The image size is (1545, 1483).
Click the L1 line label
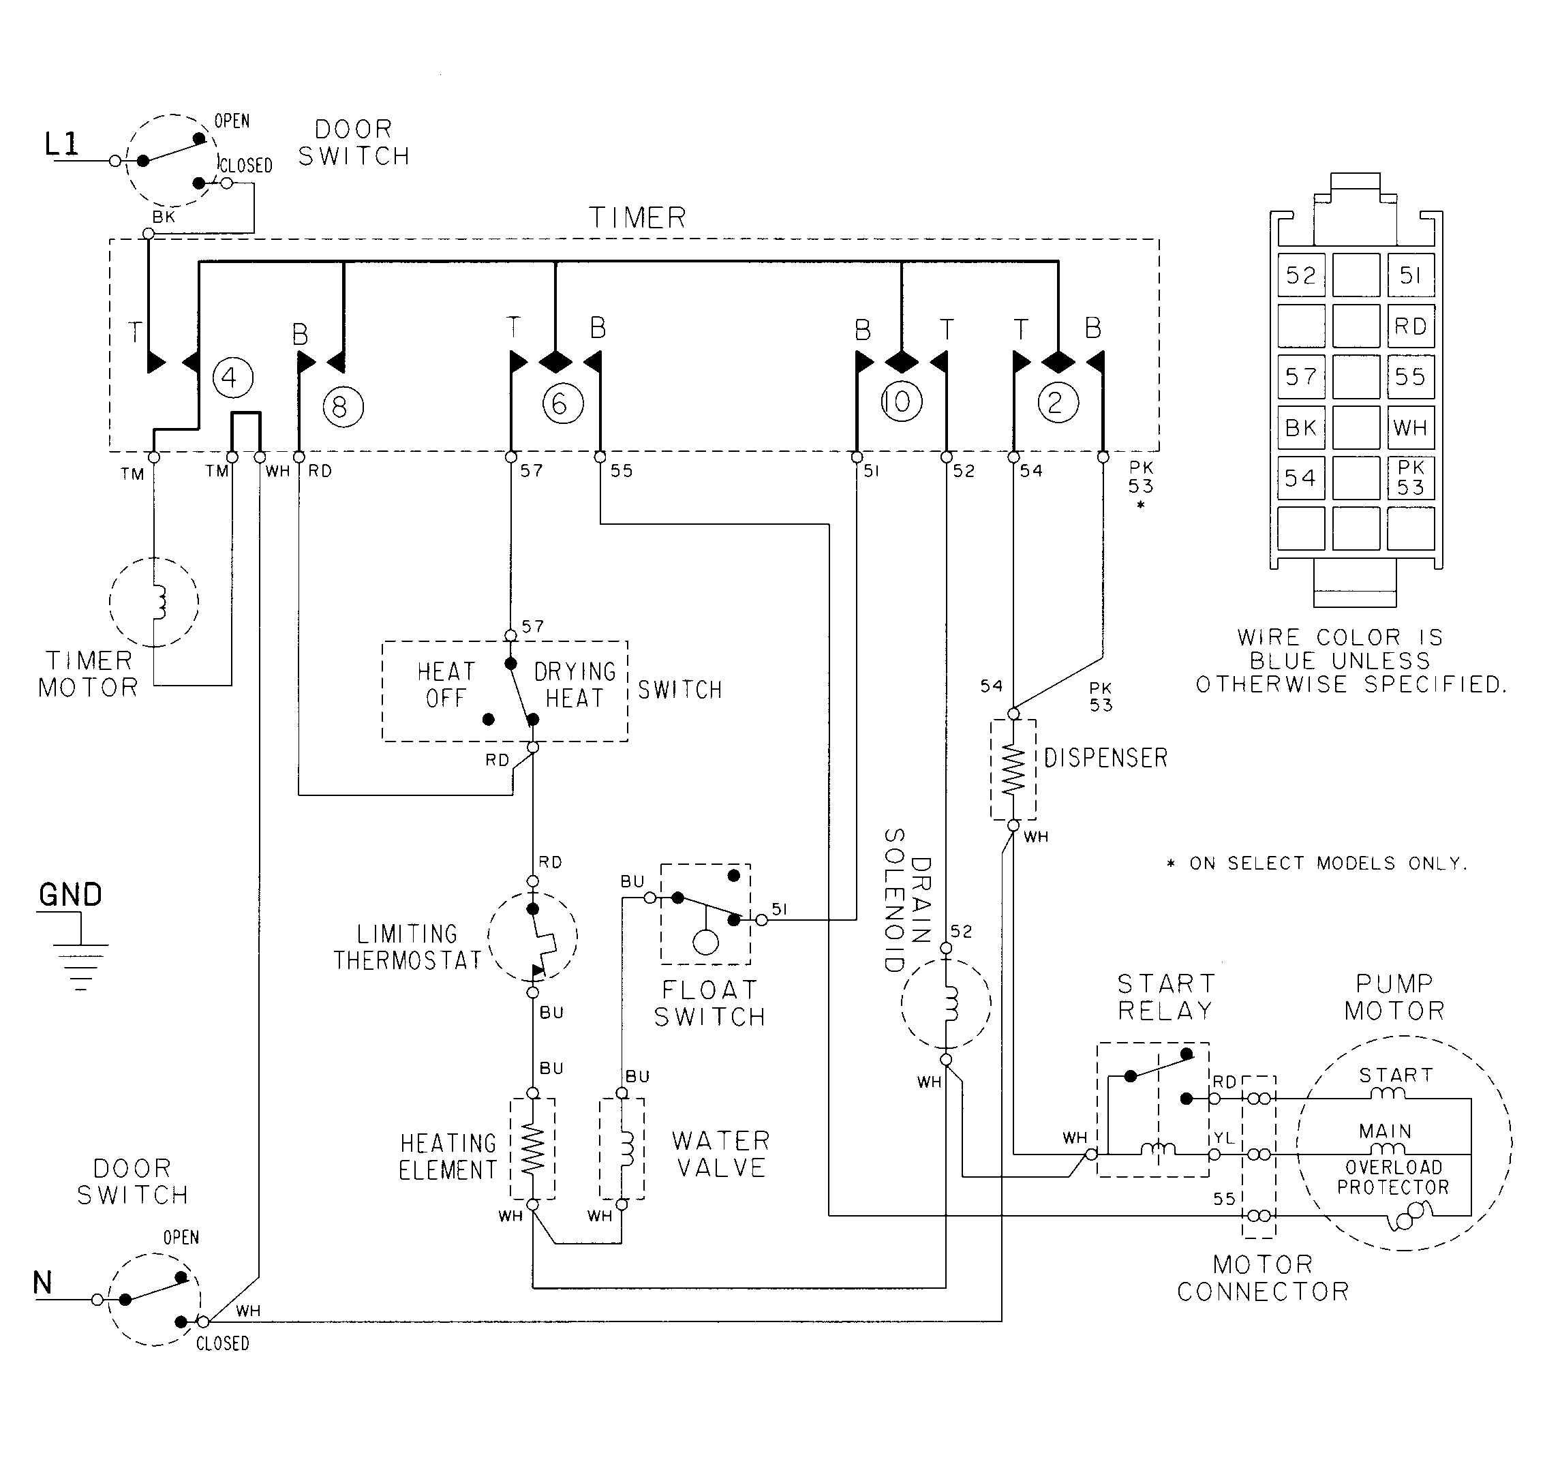pos(61,144)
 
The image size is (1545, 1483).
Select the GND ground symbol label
pos(70,895)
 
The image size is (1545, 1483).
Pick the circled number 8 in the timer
pos(343,407)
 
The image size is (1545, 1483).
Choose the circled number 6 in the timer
pos(562,403)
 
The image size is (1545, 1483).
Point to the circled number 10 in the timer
pos(900,402)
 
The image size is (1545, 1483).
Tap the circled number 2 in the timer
pos(1057,403)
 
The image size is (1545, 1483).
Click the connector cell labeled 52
pos(1300,275)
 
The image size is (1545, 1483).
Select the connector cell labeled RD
pos(1410,326)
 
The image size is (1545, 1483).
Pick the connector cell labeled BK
pos(1300,427)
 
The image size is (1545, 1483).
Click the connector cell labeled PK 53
pos(1410,478)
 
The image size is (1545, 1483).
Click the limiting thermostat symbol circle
pos(533,936)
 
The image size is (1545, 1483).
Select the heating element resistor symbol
pos(533,1149)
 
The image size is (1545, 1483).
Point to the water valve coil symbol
pos(622,1149)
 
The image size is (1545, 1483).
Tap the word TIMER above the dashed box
pos(638,217)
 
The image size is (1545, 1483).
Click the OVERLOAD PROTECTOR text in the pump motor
pos(1393,1177)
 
